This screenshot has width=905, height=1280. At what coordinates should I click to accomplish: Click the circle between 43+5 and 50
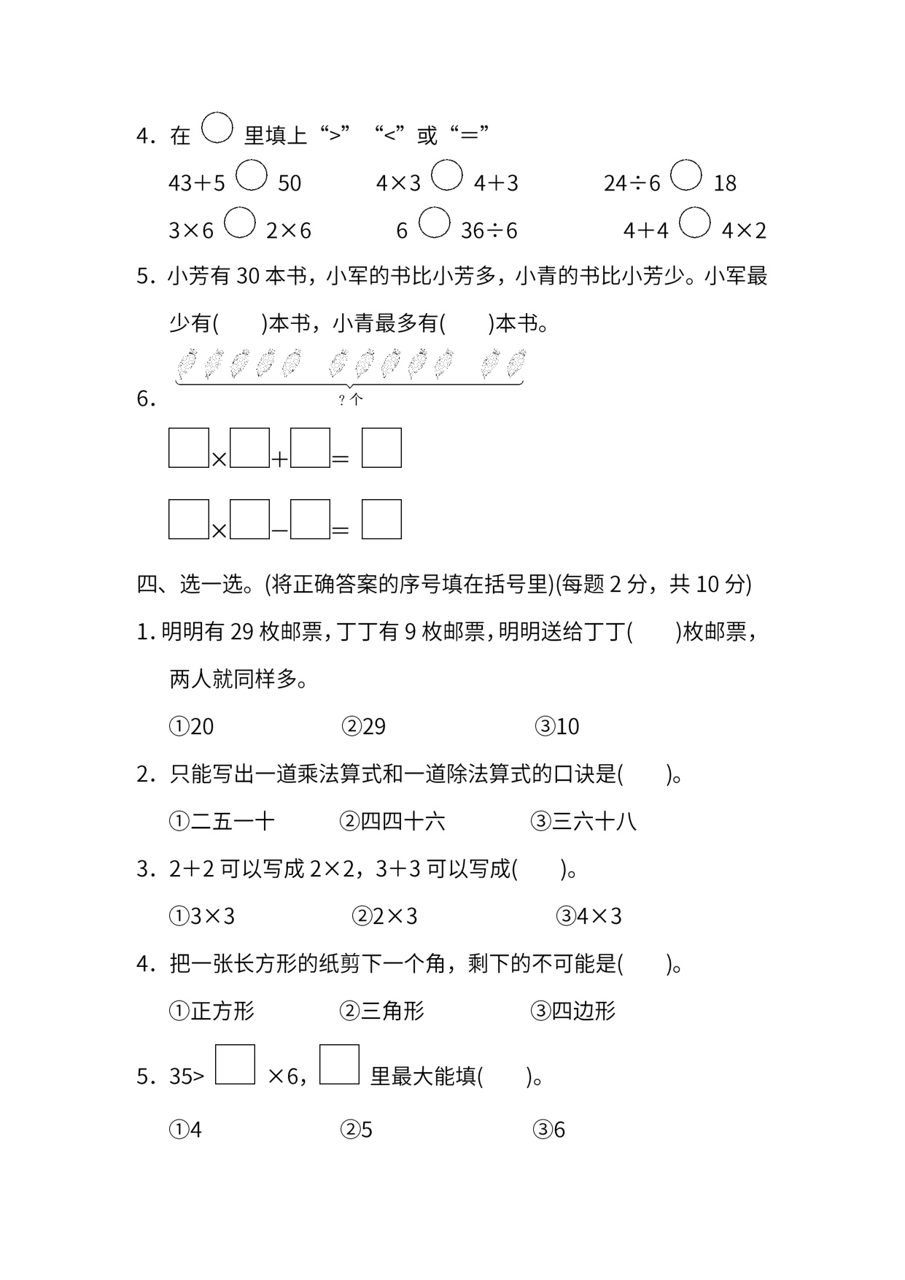[x=252, y=175]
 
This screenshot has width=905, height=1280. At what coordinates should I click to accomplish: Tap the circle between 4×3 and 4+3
[x=447, y=175]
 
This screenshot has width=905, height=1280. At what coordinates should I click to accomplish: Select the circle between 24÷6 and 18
[x=686, y=175]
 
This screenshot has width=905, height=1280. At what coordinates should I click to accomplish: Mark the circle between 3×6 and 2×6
[x=240, y=223]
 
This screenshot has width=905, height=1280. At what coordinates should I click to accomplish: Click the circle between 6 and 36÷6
[x=435, y=223]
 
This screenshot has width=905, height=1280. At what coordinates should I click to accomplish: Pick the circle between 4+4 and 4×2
[x=695, y=223]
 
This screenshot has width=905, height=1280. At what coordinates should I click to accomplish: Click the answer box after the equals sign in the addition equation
[x=381, y=447]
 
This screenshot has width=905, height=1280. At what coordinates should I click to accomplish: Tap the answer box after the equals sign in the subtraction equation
[x=381, y=519]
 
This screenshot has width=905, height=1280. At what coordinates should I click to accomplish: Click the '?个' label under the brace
[x=351, y=399]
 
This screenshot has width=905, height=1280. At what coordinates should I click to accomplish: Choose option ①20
[x=192, y=726]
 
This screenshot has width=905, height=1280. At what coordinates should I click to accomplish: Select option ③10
[x=557, y=726]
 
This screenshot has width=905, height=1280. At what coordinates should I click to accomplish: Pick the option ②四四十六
[x=392, y=822]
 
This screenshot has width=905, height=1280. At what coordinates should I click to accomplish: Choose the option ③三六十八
[x=583, y=822]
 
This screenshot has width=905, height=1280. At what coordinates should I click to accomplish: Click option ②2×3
[x=384, y=916]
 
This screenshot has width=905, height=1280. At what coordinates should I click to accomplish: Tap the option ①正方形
[x=211, y=1011]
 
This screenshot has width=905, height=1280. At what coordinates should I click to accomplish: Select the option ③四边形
[x=573, y=1011]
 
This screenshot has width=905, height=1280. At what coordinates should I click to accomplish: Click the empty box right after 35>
[x=235, y=1065]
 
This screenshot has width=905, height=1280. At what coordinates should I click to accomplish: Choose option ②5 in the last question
[x=357, y=1130]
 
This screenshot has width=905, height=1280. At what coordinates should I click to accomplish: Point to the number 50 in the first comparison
[x=290, y=183]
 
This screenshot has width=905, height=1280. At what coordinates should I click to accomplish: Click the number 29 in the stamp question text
[x=241, y=632]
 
